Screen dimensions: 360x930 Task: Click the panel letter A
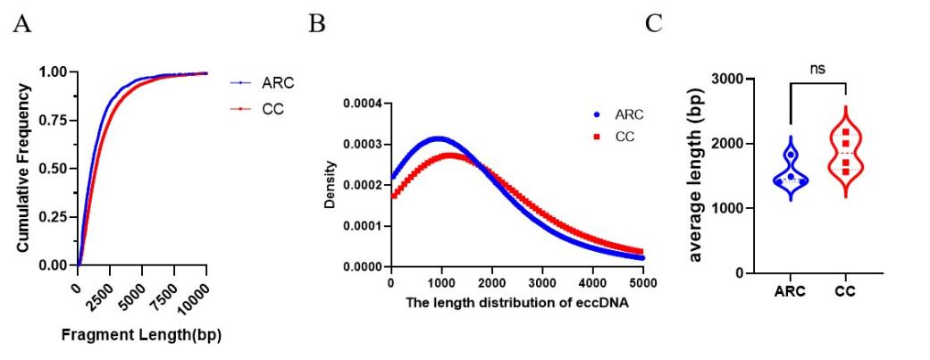22,24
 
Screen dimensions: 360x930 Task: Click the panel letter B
316,24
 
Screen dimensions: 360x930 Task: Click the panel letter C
654,24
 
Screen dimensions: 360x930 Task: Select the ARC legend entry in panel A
278,83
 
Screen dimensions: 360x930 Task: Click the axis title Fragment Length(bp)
143,336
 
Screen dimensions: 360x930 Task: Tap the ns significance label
817,67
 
